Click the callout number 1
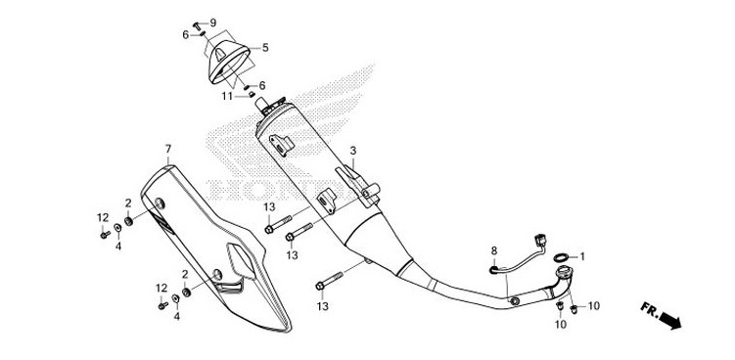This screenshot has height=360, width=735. click(x=582, y=256)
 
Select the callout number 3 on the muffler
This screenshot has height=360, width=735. click(x=353, y=151)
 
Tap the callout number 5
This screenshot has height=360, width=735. click(x=264, y=46)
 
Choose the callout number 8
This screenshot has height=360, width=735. click(x=494, y=250)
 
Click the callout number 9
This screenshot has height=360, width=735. click(x=213, y=22)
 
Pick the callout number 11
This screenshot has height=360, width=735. click(x=225, y=96)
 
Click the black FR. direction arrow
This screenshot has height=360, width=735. click(x=670, y=320)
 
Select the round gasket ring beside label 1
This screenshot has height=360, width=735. click(x=561, y=258)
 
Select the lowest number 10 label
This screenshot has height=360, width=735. click(x=560, y=323)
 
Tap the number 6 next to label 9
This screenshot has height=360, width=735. click(x=185, y=34)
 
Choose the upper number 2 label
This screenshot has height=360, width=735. click(x=127, y=202)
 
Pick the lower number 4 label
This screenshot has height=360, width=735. click(x=176, y=316)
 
